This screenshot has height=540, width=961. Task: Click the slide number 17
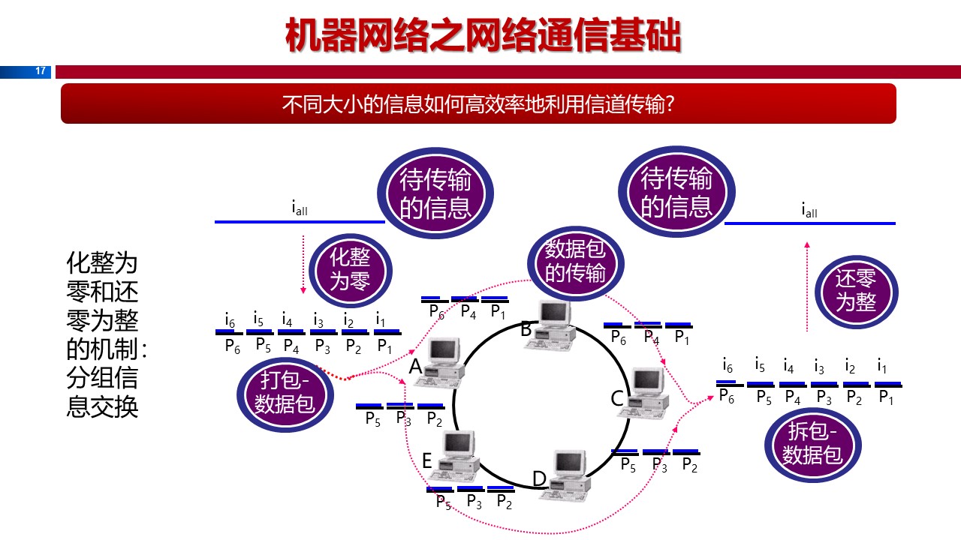[41, 72]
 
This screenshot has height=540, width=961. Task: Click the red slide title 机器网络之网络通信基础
[483, 36]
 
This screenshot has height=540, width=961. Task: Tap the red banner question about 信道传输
[478, 103]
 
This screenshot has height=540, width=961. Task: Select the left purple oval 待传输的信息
[435, 194]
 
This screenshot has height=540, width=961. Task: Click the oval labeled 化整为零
[350, 269]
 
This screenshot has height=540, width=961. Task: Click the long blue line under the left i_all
[300, 222]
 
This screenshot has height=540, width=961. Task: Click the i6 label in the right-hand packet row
[728, 366]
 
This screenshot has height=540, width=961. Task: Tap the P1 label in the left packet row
[385, 346]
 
